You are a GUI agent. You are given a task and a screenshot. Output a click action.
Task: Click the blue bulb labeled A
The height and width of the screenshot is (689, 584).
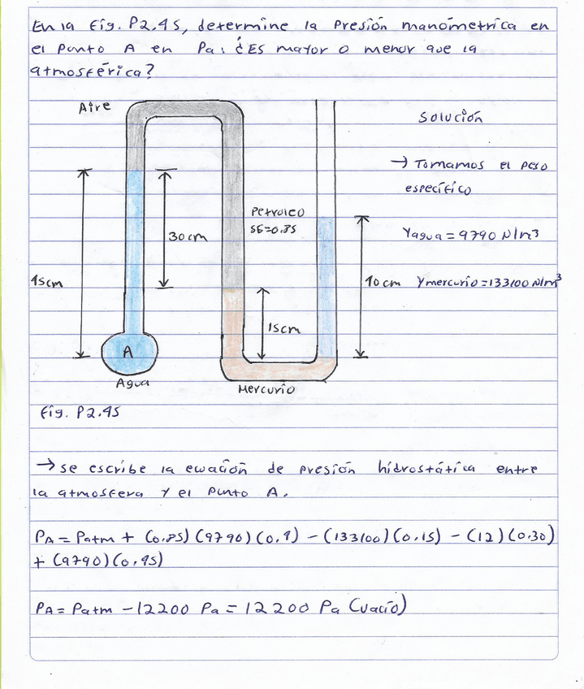[x=129, y=352]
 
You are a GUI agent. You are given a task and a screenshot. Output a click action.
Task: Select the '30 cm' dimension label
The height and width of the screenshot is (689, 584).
[x=188, y=236]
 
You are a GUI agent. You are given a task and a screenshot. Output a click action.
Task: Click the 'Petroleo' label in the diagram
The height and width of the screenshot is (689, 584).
[x=278, y=213]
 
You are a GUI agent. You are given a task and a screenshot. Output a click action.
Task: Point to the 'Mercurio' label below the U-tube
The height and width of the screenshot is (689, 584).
[x=266, y=390]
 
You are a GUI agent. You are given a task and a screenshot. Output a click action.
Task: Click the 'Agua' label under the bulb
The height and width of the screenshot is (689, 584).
[x=132, y=382]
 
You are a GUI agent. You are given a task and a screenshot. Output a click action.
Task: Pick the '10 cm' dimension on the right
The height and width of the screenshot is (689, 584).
[x=383, y=283]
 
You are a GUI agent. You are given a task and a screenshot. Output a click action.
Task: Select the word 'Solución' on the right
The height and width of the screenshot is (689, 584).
[x=450, y=117]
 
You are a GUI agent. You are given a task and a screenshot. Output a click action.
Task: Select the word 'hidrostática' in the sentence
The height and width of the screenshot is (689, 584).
[x=426, y=469]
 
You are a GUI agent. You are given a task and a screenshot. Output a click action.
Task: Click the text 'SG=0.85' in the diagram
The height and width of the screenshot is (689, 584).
[x=274, y=229]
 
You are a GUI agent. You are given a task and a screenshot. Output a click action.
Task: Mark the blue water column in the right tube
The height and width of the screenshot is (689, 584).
[x=326, y=288]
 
